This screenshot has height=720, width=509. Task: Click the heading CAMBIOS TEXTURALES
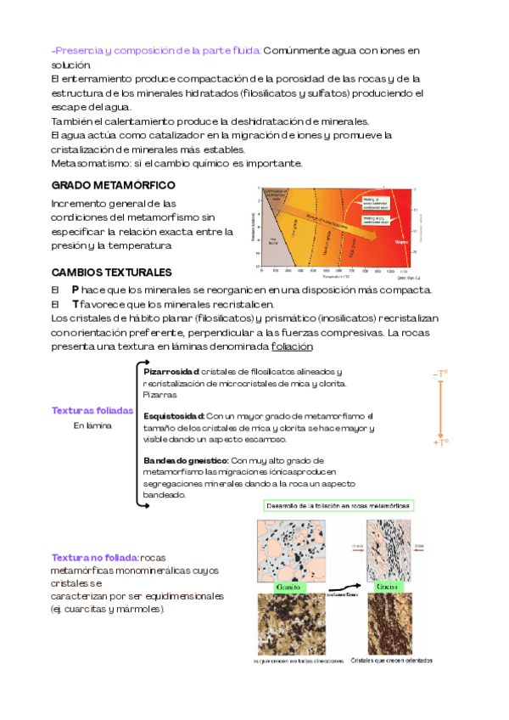click(112, 273)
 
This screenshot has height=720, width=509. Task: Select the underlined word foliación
click(293, 346)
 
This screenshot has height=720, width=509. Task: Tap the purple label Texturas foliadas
click(92, 410)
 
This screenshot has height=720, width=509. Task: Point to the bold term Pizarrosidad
click(171, 372)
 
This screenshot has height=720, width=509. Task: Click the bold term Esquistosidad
click(175, 416)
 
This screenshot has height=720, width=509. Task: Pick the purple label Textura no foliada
click(95, 557)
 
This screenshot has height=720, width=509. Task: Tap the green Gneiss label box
click(389, 587)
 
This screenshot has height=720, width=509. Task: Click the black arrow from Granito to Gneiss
click(339, 586)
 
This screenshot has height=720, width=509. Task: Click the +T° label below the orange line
click(440, 442)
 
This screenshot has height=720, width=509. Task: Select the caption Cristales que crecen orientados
click(391, 660)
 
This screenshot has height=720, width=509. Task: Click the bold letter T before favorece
click(76, 303)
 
